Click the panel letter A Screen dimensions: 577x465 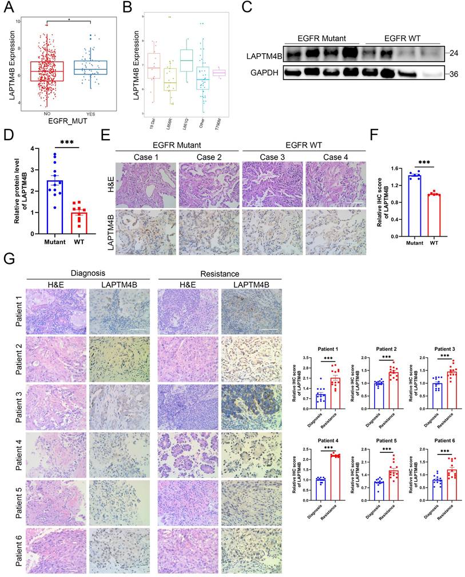9,7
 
